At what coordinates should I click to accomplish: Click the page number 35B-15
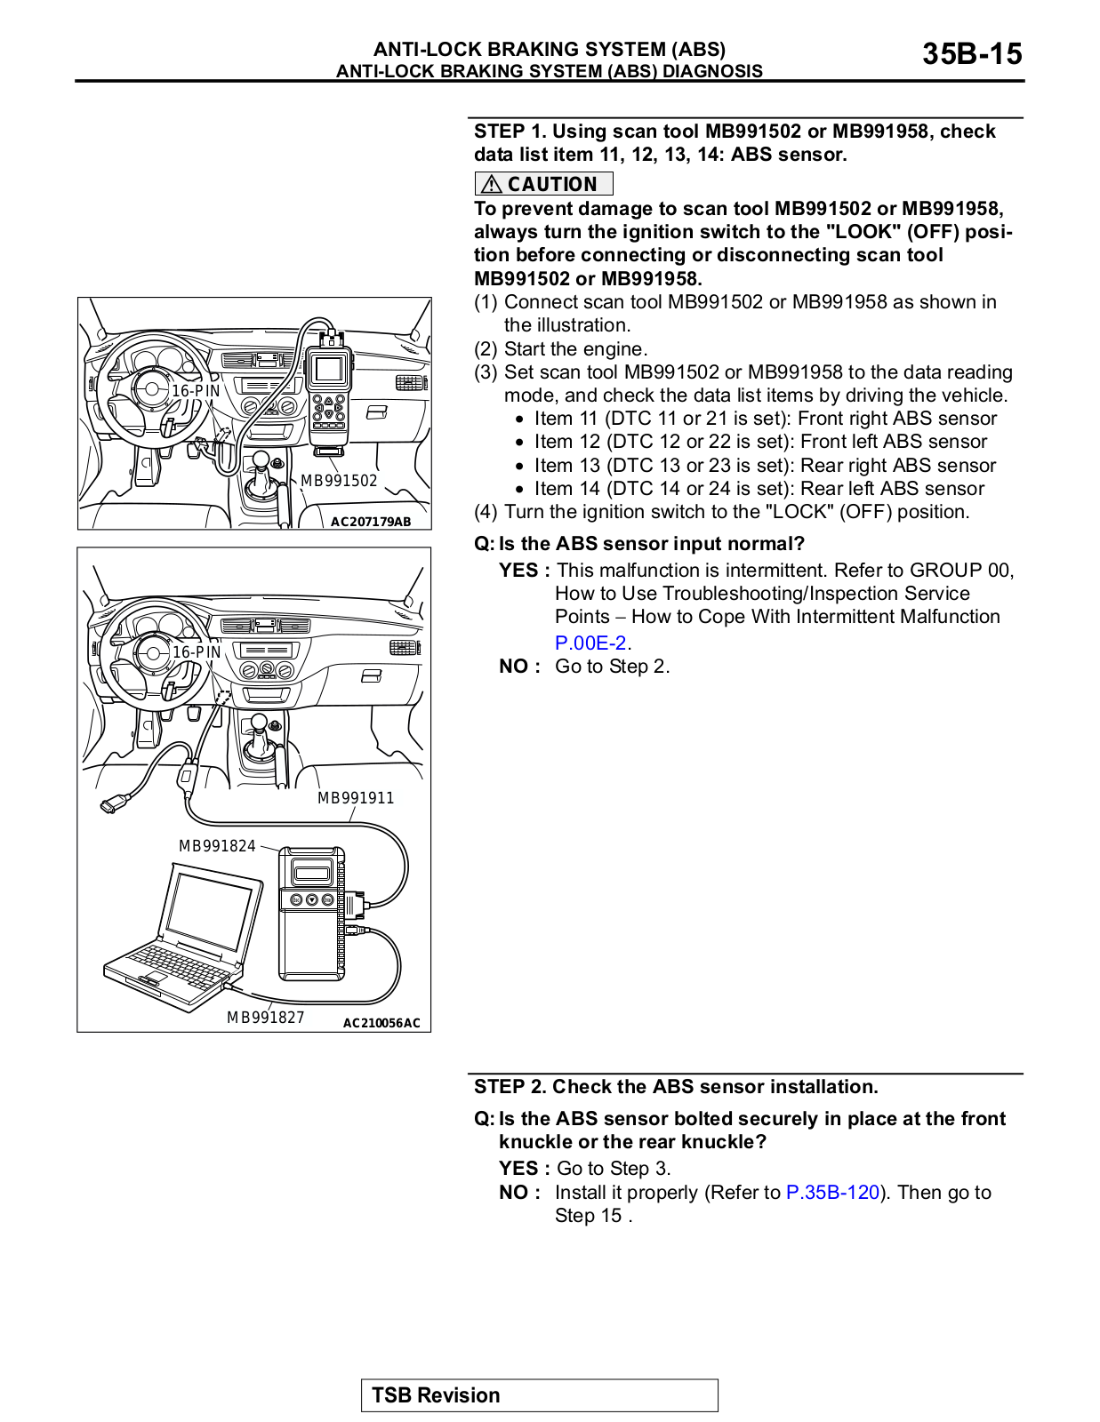pyautogui.click(x=971, y=54)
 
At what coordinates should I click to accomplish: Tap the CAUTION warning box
pyautogui.click(x=543, y=184)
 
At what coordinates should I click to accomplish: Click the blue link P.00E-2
pyautogui.click(x=590, y=643)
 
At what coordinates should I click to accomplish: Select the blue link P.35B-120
pyautogui.click(x=832, y=1192)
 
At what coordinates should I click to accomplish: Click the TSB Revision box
pyautogui.click(x=539, y=1394)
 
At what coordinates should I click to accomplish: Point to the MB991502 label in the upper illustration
pyautogui.click(x=339, y=481)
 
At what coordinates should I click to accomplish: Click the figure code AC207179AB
pyautogui.click(x=371, y=522)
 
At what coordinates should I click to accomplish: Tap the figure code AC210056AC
pyautogui.click(x=381, y=1023)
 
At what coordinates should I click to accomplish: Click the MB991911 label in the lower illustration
pyautogui.click(x=356, y=798)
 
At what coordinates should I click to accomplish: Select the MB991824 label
pyautogui.click(x=217, y=846)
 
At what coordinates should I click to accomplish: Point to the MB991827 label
pyautogui.click(x=265, y=1018)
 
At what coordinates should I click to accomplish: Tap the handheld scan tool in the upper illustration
pyautogui.click(x=328, y=391)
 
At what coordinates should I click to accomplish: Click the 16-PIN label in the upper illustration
pyautogui.click(x=196, y=391)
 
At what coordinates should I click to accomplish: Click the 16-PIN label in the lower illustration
pyautogui.click(x=197, y=652)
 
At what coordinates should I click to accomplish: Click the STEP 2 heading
pyautogui.click(x=676, y=1086)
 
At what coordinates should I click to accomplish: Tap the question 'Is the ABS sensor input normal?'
pyautogui.click(x=651, y=544)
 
